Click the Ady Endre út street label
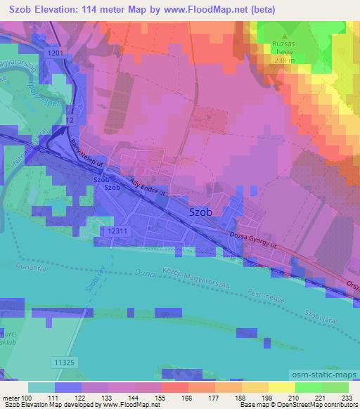(147, 186)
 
